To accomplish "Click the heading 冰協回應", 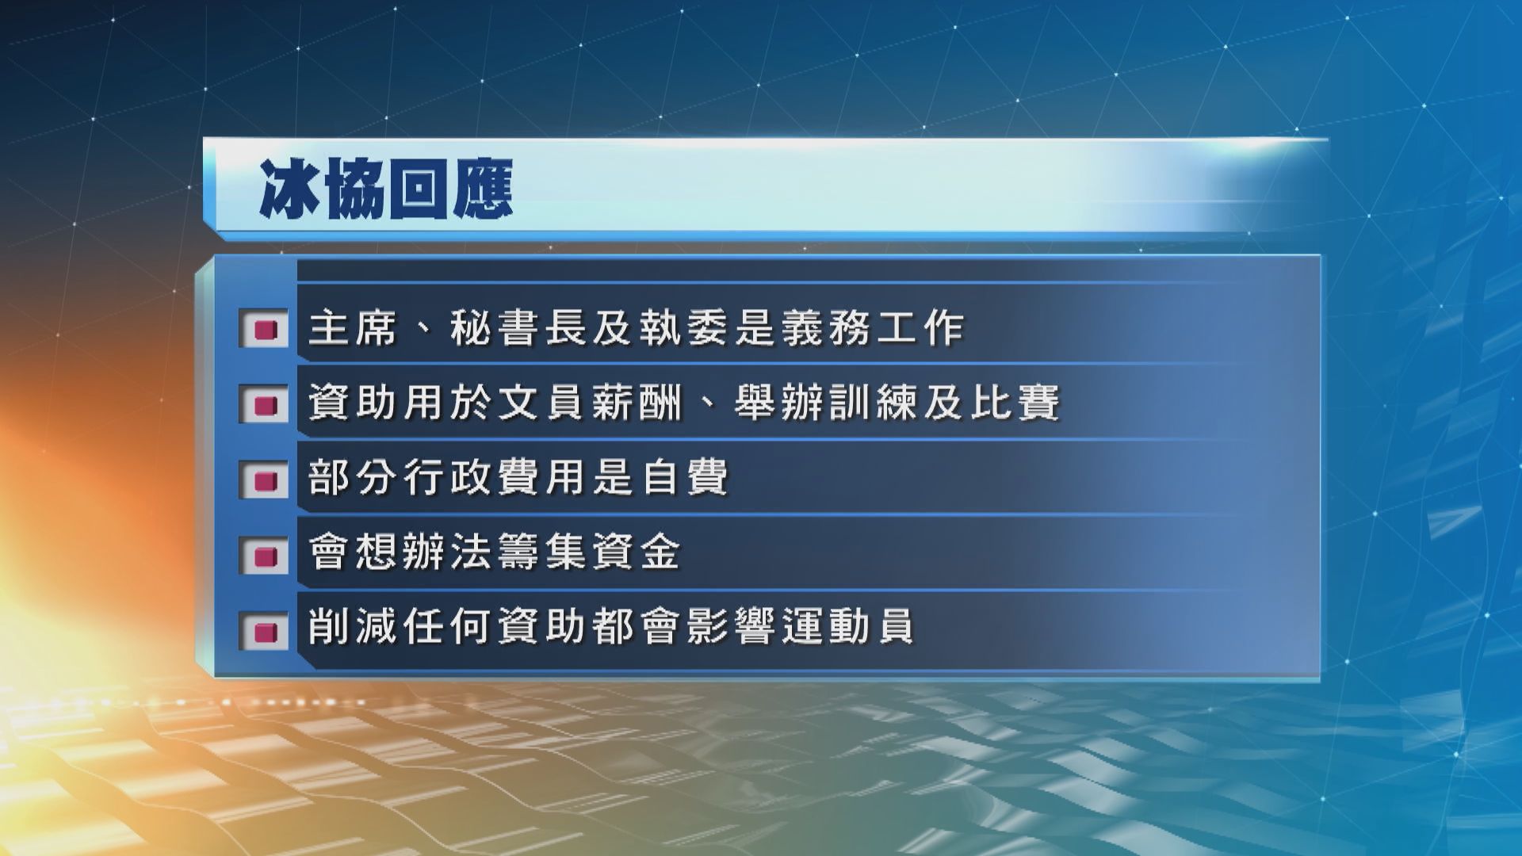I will [x=386, y=189].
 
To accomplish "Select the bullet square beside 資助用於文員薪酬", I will [x=264, y=404].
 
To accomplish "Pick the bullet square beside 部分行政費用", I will [x=264, y=480].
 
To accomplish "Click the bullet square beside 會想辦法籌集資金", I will [x=264, y=555].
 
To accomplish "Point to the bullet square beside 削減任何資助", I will [x=264, y=631].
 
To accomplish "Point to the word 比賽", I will [x=1013, y=403].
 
